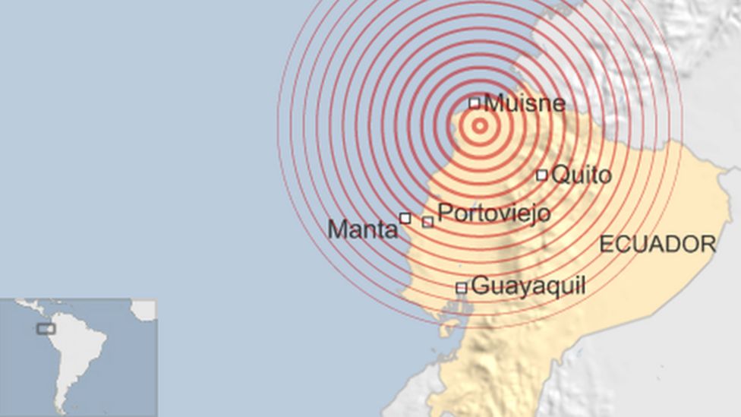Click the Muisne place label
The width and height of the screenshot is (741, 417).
tap(525, 102)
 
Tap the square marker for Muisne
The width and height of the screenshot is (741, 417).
tap(475, 103)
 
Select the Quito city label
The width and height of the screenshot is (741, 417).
tap(581, 175)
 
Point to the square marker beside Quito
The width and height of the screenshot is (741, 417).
tap(541, 175)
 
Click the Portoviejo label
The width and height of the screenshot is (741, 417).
tap(494, 213)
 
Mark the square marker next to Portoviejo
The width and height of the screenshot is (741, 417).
tap(427, 222)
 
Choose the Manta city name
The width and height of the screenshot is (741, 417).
tap(362, 229)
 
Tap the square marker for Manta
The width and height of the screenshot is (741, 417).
tap(405, 218)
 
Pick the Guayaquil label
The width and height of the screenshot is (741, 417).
tap(528, 286)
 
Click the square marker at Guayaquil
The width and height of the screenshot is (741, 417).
tap(461, 288)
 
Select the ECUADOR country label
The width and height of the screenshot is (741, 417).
tap(657, 244)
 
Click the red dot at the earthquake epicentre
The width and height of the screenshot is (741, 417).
tap(480, 126)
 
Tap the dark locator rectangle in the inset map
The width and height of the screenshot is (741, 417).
tap(46, 329)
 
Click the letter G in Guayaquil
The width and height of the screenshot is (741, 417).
tap(479, 286)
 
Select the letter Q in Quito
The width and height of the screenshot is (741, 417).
tap(560, 175)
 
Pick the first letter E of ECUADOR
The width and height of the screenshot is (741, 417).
tap(605, 244)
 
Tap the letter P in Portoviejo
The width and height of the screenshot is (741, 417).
tap(445, 213)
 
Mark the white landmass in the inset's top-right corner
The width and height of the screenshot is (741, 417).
tap(144, 308)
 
